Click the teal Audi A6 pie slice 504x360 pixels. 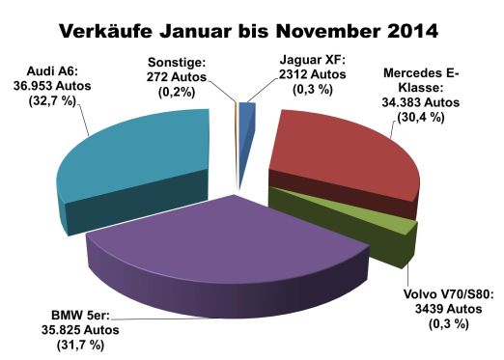[135, 159]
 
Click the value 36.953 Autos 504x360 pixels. [56, 86]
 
